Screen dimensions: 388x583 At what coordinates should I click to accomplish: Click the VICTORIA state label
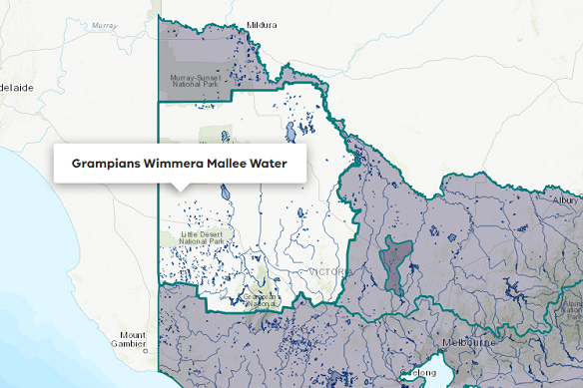click(325, 271)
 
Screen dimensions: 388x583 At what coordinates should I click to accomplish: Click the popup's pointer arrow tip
click(180, 190)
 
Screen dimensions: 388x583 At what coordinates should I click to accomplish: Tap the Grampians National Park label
click(262, 298)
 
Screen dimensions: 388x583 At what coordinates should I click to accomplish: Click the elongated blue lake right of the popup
click(290, 132)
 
